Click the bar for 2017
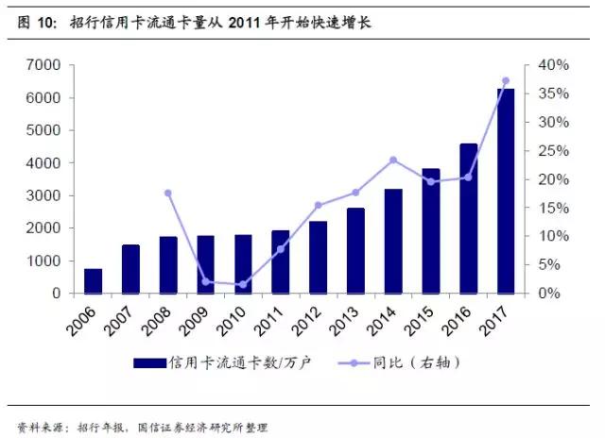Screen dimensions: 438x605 (x=506, y=191)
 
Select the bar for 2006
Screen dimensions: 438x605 (x=93, y=280)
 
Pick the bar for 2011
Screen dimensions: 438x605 (x=281, y=261)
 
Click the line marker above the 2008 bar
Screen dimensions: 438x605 (x=168, y=193)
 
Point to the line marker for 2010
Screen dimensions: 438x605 (x=243, y=284)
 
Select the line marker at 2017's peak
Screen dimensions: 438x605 (x=506, y=81)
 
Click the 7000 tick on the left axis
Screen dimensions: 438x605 (x=44, y=65)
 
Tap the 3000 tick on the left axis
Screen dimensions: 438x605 (x=44, y=195)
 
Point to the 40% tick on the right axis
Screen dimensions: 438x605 (x=551, y=65)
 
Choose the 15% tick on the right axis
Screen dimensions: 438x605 (x=551, y=208)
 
